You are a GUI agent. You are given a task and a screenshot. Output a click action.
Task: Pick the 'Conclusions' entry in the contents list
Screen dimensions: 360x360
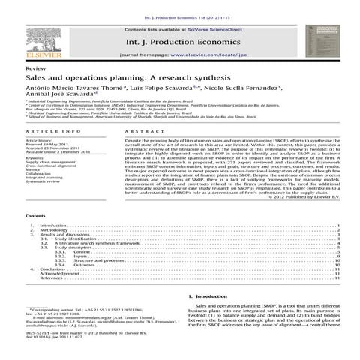coord(57,269)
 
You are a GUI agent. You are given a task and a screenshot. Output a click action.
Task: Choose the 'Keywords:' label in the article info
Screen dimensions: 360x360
coord(35,136)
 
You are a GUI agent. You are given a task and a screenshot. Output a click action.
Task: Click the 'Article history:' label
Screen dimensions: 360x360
coord(38,118)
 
